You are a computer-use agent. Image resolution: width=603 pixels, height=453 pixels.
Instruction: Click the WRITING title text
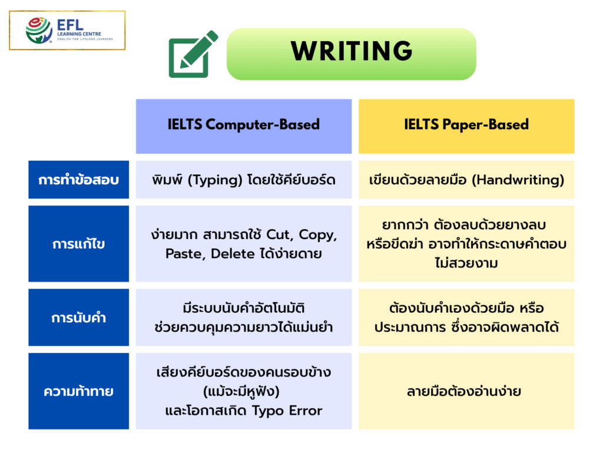pos(352,52)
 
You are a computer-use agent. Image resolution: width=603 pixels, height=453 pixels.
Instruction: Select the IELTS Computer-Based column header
pos(243,125)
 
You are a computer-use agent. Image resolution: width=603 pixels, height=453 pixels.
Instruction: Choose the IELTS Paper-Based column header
pos(466,125)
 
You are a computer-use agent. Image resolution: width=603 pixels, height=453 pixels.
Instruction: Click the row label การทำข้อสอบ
pos(78,180)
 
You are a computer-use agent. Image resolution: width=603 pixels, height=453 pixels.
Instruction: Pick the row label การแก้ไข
pos(78,243)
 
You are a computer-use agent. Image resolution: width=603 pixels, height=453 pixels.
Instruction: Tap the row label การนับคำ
pos(78,318)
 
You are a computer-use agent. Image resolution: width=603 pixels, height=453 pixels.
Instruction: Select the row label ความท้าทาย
pos(78,391)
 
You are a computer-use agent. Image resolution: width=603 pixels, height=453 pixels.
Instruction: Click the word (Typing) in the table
pos(213,180)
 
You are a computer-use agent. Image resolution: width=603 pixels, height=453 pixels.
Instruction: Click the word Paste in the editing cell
pos(184,253)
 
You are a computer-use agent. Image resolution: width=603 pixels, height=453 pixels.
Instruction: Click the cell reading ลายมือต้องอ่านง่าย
pos(466,391)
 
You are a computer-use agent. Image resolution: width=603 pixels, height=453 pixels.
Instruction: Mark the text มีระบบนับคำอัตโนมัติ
pos(243,308)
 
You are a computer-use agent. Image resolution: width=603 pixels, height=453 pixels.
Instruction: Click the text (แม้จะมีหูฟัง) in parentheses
pos(243,391)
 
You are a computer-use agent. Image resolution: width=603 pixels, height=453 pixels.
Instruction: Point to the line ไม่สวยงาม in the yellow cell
pos(466,263)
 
